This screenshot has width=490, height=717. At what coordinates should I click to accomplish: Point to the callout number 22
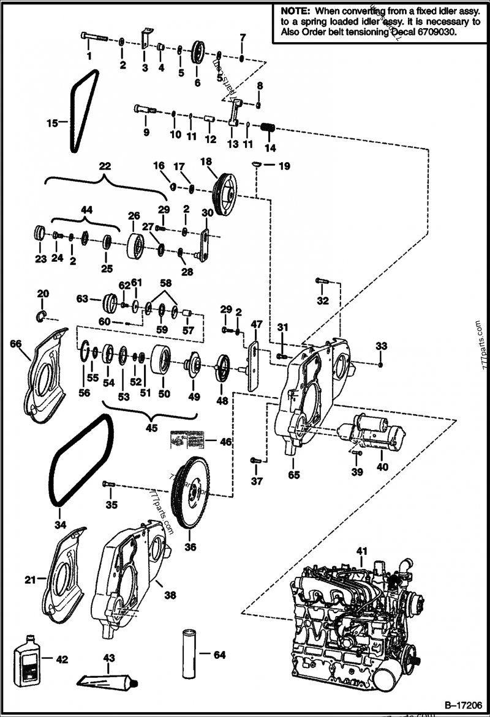pos(105,166)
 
